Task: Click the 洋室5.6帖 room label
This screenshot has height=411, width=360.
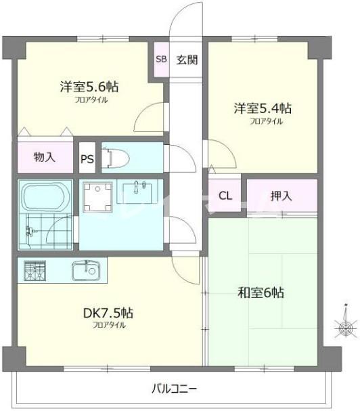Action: tap(89, 87)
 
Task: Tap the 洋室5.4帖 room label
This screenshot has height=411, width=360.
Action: tap(263, 108)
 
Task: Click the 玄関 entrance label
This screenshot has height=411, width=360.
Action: tap(187, 60)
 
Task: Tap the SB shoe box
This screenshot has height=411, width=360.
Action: tap(161, 59)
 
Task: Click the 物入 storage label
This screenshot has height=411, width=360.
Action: tap(44, 158)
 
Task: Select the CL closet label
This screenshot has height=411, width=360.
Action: tap(225, 196)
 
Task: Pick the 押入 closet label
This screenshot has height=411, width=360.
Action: tap(281, 196)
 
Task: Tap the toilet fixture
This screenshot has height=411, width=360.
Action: tap(117, 158)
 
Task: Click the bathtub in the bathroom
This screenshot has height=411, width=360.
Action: tap(44, 196)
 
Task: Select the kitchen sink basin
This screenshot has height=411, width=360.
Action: tap(87, 271)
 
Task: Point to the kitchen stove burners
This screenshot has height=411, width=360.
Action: tap(34, 271)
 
